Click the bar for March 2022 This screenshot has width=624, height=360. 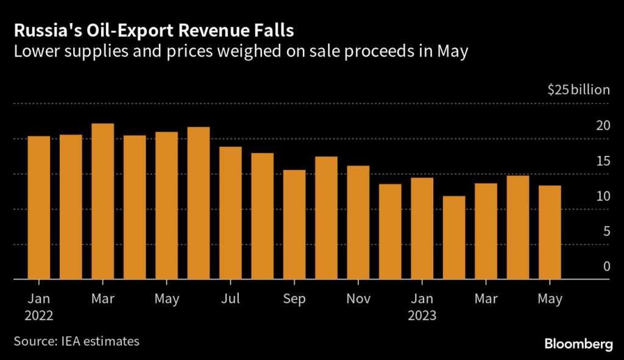pyautogui.click(x=103, y=202)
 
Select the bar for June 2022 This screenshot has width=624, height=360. pyautogui.click(x=199, y=203)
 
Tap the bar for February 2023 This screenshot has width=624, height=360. pyautogui.click(x=454, y=238)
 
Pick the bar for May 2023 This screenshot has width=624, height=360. pyautogui.click(x=550, y=233)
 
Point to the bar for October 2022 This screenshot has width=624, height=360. pyautogui.click(x=327, y=218)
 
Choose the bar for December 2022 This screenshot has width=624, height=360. pyautogui.click(x=390, y=231)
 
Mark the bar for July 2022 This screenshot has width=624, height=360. pyautogui.click(x=230, y=213)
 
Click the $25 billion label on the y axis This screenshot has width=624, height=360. pyautogui.click(x=578, y=90)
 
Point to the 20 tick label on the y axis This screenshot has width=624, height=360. pyautogui.click(x=603, y=126)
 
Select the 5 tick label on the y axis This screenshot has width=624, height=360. pyautogui.click(x=606, y=231)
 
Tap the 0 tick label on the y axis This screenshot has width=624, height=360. pyautogui.click(x=606, y=267)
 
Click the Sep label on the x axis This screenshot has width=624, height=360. pyautogui.click(x=294, y=299)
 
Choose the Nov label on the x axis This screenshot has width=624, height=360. pyautogui.click(x=358, y=299)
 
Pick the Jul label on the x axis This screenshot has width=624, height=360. pyautogui.click(x=231, y=299)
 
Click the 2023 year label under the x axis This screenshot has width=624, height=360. pyautogui.click(x=422, y=316)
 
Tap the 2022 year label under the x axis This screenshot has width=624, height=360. pyautogui.click(x=39, y=316)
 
